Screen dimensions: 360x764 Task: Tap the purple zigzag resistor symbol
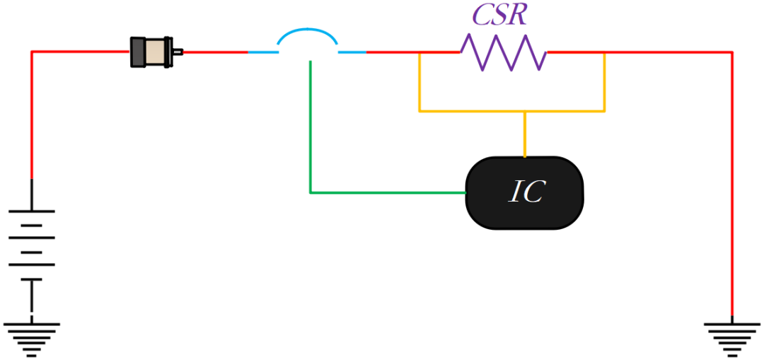point(503,52)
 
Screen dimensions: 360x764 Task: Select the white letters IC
point(526,192)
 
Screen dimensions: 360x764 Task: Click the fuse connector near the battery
point(153,52)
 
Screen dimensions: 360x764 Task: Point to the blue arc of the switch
point(307,33)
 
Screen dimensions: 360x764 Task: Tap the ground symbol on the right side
point(731,332)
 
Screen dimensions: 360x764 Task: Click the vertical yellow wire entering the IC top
point(524,134)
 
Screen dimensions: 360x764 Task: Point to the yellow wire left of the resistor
point(419,81)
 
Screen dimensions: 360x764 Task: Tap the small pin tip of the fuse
point(179,51)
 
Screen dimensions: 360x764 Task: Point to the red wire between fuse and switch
point(215,52)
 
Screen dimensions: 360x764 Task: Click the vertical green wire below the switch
point(310,127)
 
